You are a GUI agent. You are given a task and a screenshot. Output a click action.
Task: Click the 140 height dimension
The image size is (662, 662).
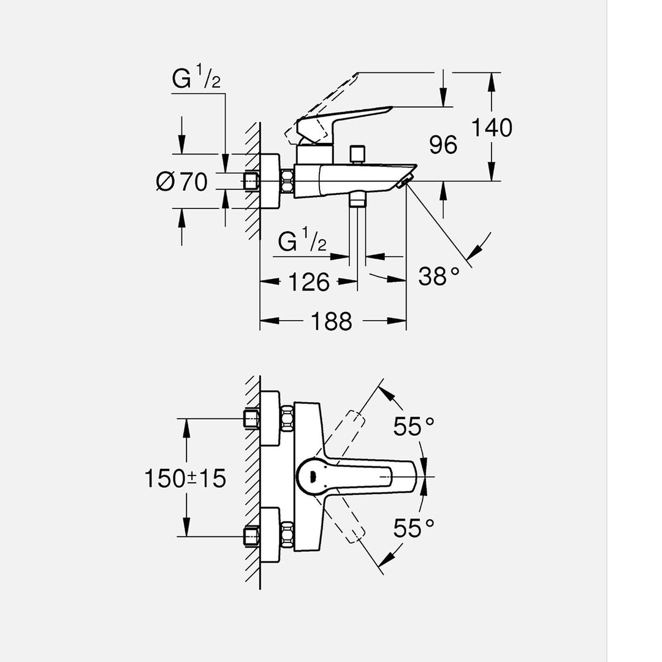[492, 128]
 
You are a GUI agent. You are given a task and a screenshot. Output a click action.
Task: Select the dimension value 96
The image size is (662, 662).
[443, 145]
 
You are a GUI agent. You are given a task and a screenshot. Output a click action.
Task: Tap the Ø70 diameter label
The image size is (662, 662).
[182, 182]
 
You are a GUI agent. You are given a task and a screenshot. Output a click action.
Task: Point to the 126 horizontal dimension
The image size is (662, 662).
[309, 283]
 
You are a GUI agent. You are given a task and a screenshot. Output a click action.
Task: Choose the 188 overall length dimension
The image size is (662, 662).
[332, 321]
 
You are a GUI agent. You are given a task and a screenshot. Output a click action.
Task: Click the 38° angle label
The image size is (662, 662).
[439, 276]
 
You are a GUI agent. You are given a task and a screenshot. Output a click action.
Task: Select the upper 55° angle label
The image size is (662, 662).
[414, 427]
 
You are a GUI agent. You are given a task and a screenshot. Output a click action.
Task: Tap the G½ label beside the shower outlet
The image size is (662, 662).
[302, 242]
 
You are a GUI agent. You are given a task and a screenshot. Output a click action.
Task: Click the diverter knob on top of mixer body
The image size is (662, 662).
[357, 154]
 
